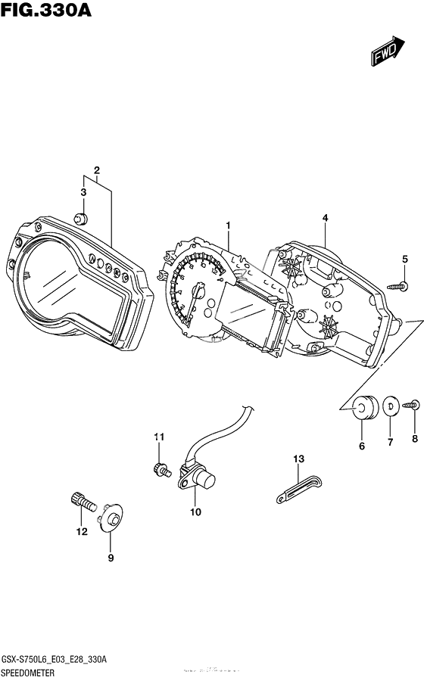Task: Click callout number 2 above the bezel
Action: coord(96,169)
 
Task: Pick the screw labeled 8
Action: coord(413,406)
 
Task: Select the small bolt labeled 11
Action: coord(161,469)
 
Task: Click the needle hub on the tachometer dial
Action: coord(200,290)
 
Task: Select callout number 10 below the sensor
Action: coord(195,512)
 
